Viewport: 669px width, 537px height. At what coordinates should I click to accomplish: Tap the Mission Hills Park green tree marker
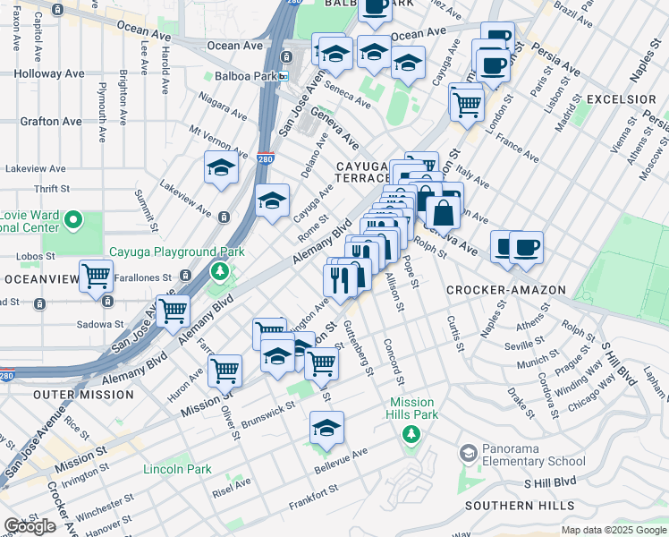coord(411,435)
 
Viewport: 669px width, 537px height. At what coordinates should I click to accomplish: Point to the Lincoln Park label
coord(177,469)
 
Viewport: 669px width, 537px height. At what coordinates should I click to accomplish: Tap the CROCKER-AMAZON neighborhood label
coord(505,290)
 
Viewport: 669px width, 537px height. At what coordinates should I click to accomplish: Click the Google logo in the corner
coord(30,526)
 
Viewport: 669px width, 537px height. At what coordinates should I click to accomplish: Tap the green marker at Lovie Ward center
coord(74,219)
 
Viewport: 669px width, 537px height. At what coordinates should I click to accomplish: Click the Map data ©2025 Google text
coord(613,530)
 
